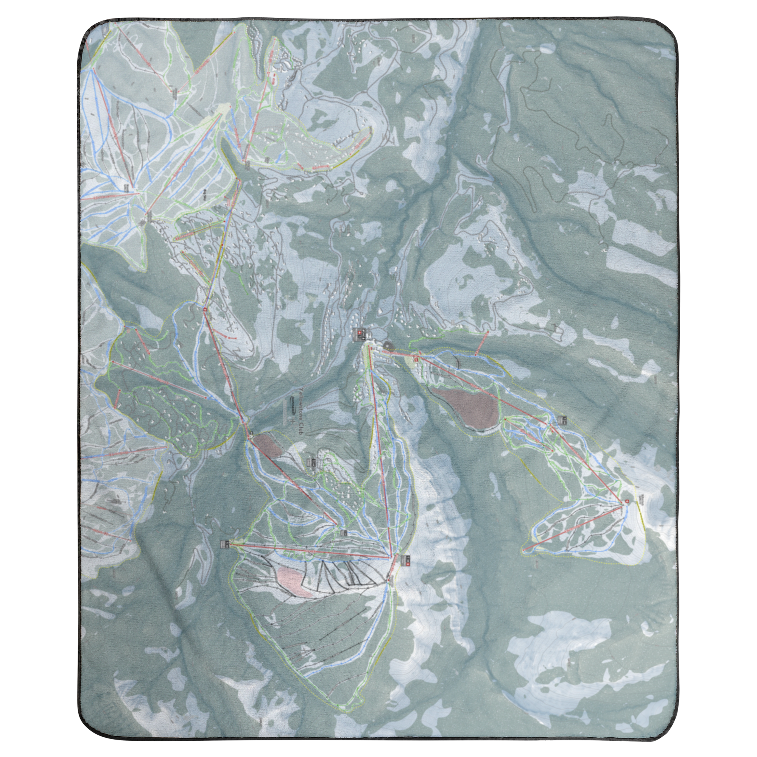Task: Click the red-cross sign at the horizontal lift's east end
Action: pos(405,561)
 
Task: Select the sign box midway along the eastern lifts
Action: pos(563,421)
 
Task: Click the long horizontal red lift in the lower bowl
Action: pos(310,550)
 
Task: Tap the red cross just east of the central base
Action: pos(416,358)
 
